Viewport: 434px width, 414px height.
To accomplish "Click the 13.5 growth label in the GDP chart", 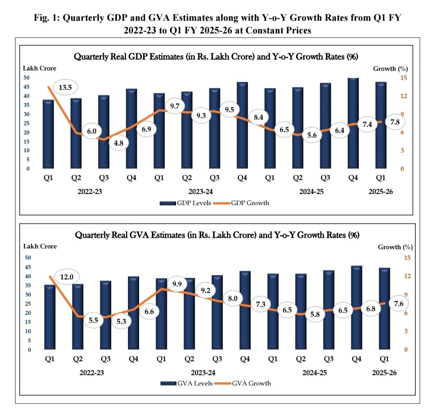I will coord(65,87).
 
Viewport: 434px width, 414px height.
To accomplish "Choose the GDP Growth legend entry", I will coord(243,203).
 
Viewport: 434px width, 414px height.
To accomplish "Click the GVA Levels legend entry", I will coord(186,383).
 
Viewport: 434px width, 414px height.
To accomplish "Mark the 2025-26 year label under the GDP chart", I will coord(380,192).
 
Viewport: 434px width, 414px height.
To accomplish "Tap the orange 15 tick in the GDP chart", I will coord(404,78).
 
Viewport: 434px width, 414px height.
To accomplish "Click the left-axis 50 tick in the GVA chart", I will coord(28,258).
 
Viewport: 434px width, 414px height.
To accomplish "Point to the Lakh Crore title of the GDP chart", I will coord(39,69).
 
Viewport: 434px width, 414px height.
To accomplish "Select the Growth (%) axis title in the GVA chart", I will coord(395,247).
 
